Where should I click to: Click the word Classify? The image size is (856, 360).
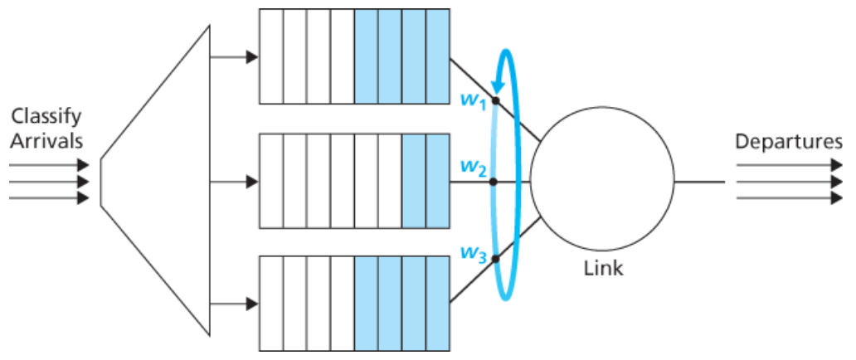point(46,117)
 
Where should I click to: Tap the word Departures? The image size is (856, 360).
point(795,141)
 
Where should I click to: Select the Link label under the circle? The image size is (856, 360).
point(603,269)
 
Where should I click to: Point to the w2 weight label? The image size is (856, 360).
point(474,170)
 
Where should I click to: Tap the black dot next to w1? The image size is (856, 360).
point(495,101)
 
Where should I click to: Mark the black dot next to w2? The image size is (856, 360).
point(494,180)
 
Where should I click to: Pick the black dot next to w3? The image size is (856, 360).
point(495,259)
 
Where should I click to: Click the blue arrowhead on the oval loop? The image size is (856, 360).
point(497,82)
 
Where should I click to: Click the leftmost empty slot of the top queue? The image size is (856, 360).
point(270,56)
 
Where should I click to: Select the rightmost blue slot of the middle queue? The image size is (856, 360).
point(438,180)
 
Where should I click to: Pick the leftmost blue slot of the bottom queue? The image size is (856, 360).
point(366,303)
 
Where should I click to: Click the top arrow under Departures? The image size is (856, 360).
point(785,165)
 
